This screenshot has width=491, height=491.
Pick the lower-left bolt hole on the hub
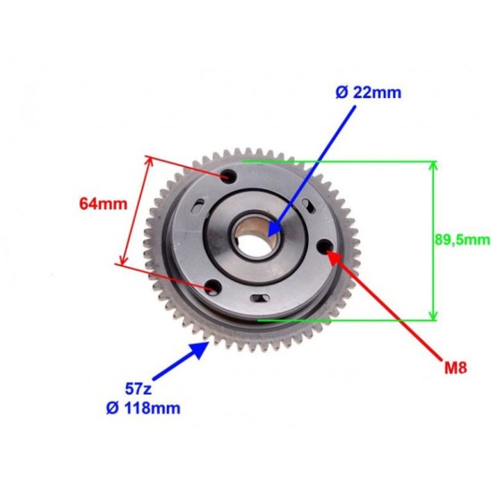[x=212, y=287]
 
